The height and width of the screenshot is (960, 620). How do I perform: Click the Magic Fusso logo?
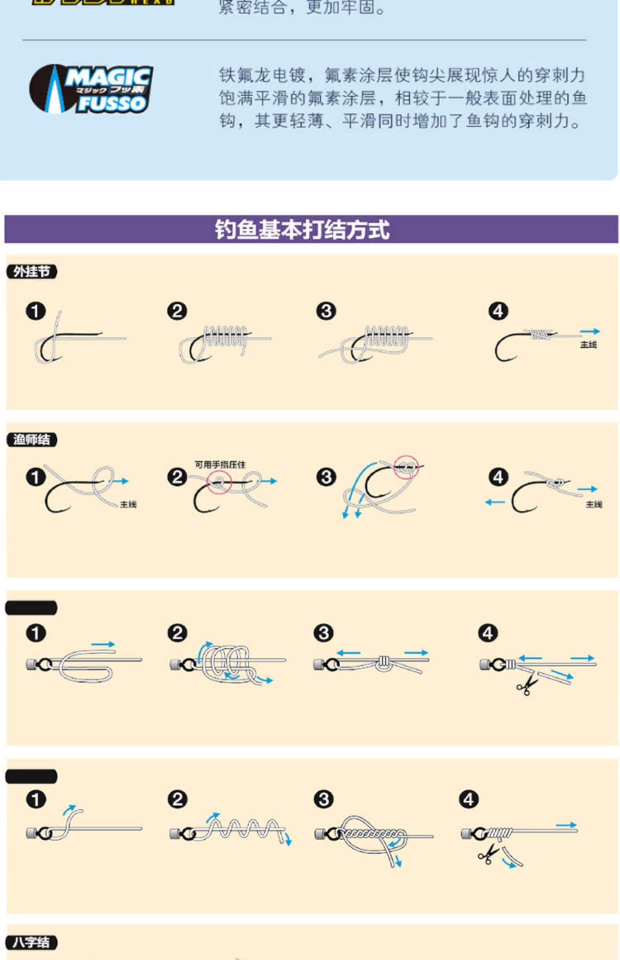91,88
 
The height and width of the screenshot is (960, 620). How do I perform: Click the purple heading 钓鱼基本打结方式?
302,229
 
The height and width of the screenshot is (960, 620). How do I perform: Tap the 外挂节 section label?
31,272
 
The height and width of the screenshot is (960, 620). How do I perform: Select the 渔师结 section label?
31,439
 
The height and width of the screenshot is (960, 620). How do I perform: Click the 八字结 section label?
31,943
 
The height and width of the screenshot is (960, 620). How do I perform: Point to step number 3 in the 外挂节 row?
326,311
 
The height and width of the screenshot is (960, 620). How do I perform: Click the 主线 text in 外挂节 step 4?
588,344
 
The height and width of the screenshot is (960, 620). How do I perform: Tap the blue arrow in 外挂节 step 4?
589,332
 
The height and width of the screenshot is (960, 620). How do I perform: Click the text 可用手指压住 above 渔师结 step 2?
220,465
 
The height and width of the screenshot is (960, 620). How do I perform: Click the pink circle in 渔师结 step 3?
406,467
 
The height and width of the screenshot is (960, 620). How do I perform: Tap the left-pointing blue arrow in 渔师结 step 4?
495,502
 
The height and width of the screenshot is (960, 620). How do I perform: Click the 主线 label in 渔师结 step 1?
128,504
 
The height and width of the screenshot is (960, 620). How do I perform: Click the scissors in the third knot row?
527,686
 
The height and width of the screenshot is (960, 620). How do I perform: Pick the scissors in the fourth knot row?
488,854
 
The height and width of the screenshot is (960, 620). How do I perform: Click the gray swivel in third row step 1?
32,664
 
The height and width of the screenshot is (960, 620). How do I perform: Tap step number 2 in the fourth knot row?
177,799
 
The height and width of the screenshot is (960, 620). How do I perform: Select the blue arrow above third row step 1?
103,644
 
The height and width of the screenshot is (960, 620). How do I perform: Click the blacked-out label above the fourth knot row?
31,776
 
